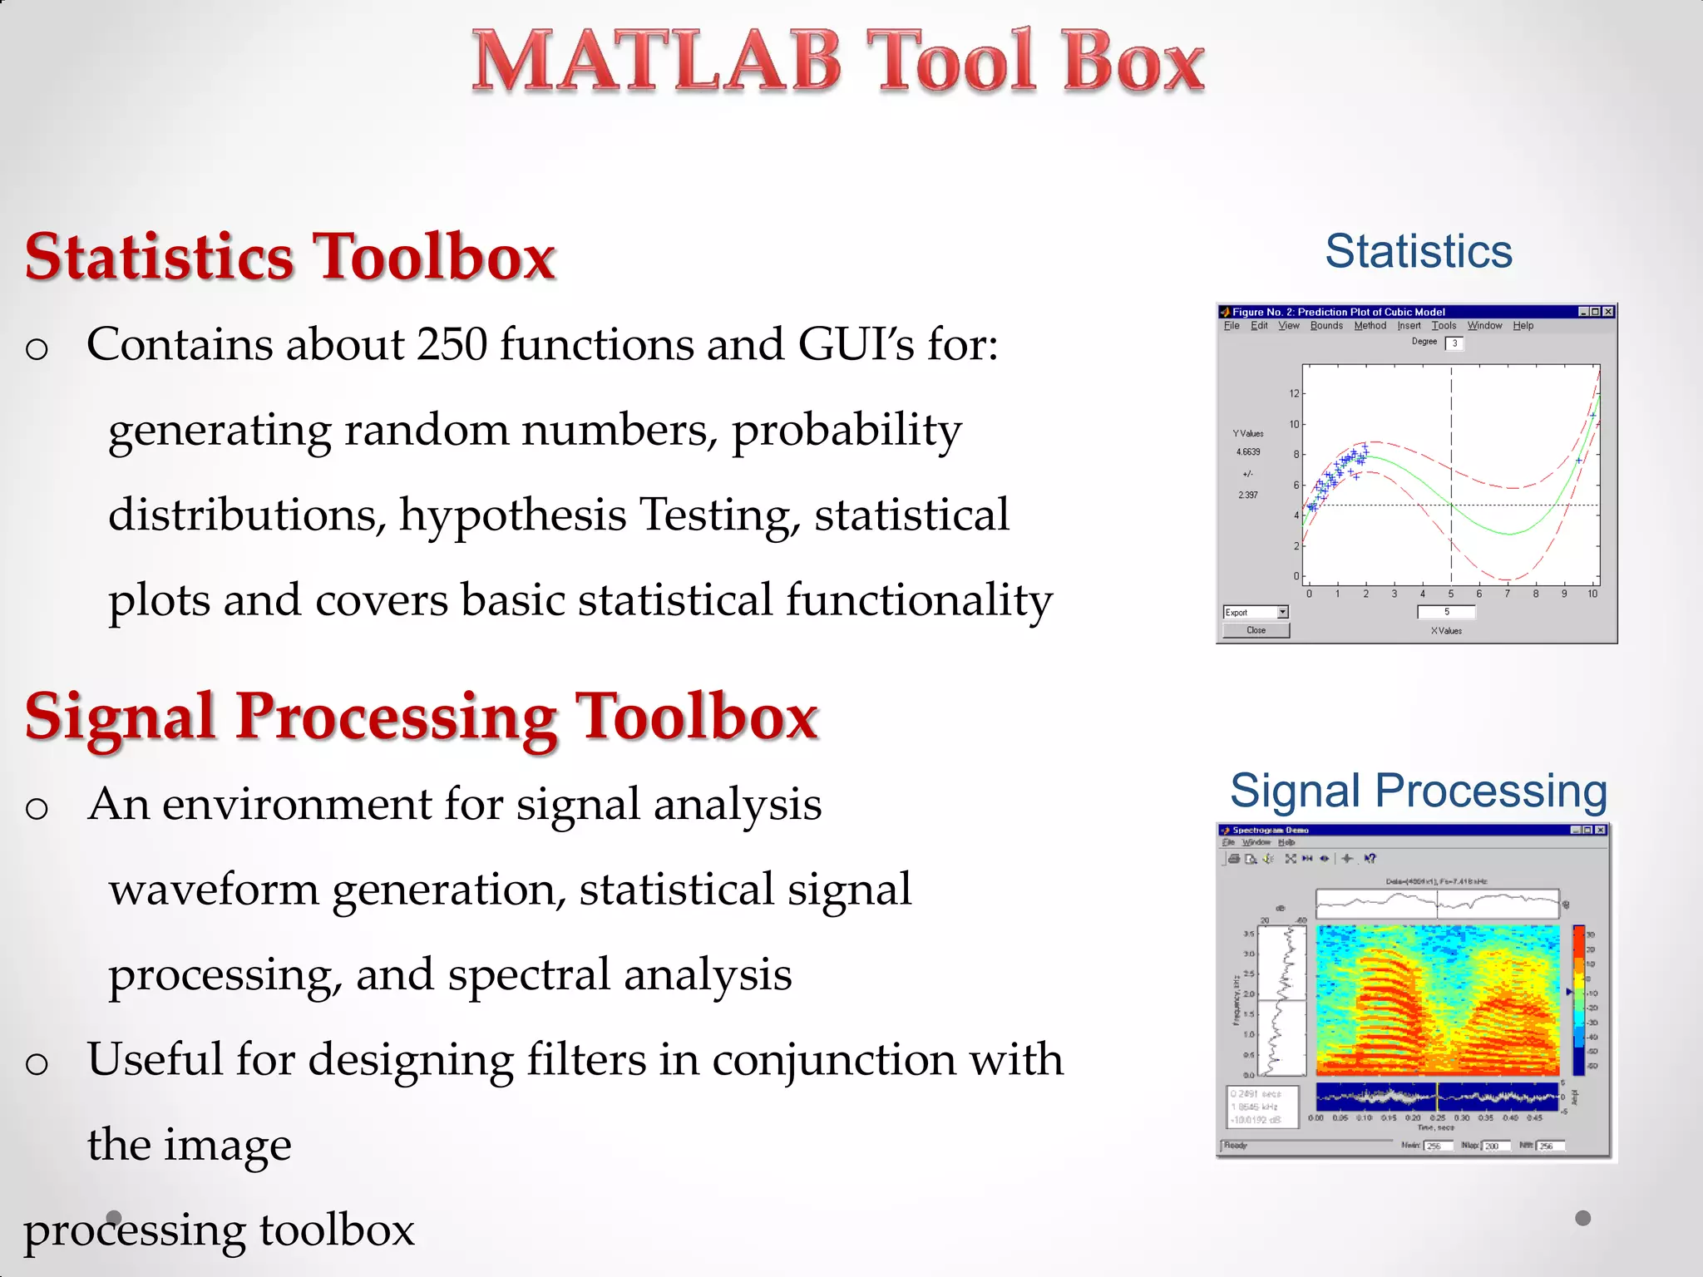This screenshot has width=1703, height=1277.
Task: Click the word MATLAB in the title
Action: [x=657, y=62]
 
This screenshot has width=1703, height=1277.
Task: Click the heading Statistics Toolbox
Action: [x=290, y=257]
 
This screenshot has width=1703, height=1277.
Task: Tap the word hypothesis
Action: [x=512, y=515]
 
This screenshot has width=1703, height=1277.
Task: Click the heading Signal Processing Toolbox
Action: [x=422, y=717]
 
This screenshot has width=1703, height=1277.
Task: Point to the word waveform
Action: [x=214, y=890]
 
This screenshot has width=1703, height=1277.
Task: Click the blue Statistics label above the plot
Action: [x=1419, y=251]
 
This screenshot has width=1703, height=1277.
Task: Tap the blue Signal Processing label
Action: [x=1419, y=790]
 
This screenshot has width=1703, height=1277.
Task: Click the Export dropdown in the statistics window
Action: [x=1256, y=613]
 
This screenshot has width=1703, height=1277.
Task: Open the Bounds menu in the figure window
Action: [x=1326, y=326]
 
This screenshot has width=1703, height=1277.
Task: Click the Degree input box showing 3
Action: [x=1454, y=343]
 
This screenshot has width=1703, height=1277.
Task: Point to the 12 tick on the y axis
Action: [x=1294, y=393]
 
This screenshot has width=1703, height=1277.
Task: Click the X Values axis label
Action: [x=1446, y=631]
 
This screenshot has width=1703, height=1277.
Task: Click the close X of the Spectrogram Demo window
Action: [x=1602, y=830]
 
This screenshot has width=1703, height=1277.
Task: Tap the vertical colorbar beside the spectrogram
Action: [x=1578, y=1000]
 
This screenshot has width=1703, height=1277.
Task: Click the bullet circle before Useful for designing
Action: [x=37, y=1063]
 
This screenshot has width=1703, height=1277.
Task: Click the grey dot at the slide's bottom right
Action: [x=1583, y=1218]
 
